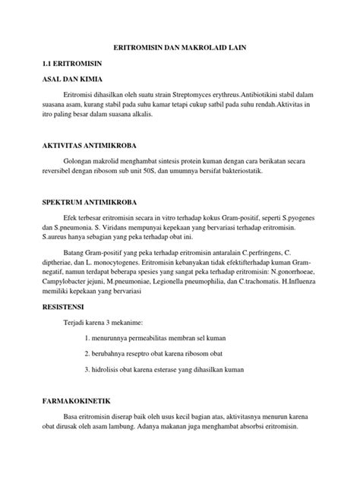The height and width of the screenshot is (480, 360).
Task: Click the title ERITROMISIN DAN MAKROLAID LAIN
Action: point(180,48)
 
